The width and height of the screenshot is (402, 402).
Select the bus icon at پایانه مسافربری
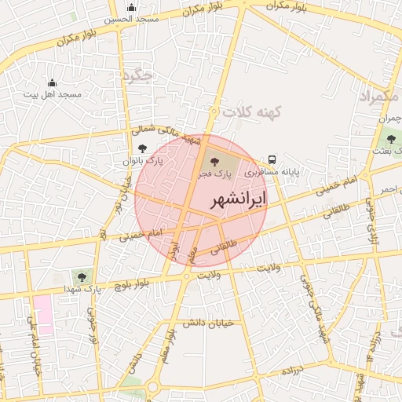pos(272,157)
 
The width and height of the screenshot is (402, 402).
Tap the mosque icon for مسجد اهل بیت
pos(52,82)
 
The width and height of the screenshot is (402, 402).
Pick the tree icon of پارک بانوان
pos(141,148)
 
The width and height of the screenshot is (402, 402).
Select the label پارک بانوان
pos(140,160)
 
